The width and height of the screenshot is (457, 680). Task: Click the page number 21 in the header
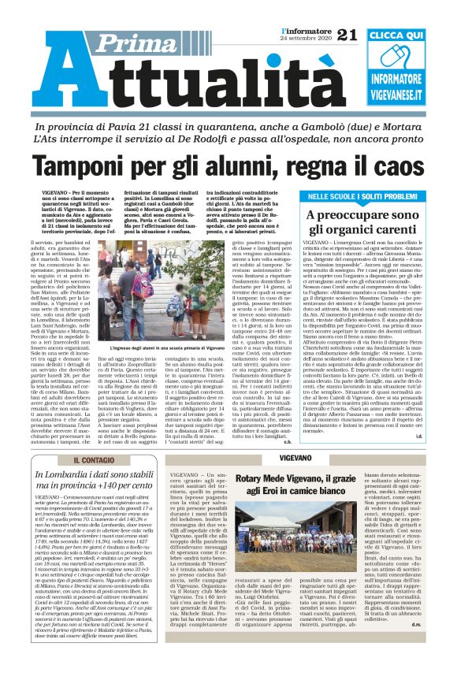(x=347, y=33)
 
